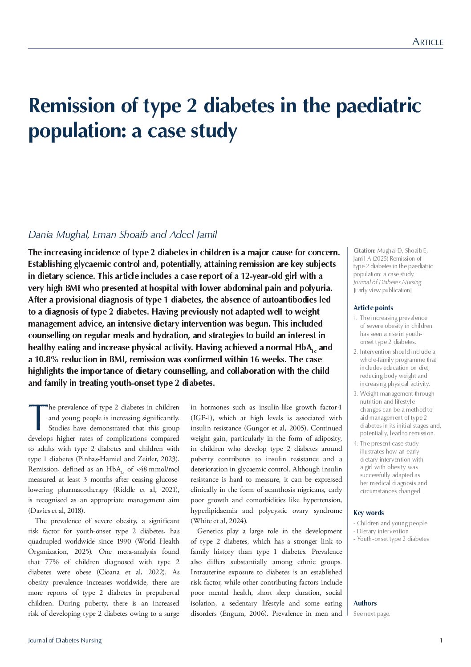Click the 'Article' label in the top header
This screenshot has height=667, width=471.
[x=427, y=42]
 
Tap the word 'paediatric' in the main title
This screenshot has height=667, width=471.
[x=378, y=106]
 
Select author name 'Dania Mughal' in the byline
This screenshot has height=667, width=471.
[x=59, y=235]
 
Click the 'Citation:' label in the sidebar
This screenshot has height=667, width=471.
[x=364, y=251]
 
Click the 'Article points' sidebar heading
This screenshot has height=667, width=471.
[x=373, y=308]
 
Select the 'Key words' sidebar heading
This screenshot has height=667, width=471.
[x=368, y=513]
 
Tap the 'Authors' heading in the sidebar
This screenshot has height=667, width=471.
[x=365, y=603]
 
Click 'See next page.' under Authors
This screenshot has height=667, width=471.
[x=372, y=614]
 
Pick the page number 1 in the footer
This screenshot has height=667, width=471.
[x=441, y=641]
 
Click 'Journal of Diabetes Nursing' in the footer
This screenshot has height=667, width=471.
[x=65, y=641]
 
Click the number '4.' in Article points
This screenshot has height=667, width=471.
[x=356, y=443]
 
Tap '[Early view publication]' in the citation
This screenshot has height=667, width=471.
[x=382, y=290]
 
